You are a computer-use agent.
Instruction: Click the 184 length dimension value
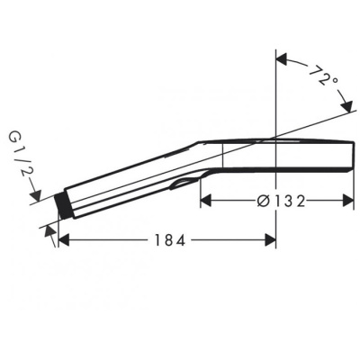point(166,240)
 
